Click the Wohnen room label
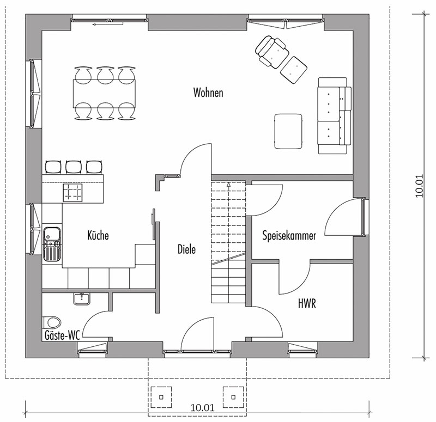tap(208, 93)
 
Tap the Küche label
tap(98, 235)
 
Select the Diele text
tap(186, 249)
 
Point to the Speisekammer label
tap(289, 236)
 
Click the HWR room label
tap(307, 303)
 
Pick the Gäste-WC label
tap(62, 335)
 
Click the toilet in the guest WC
tap(52, 322)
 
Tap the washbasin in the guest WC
tap(82, 299)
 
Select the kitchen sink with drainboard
tap(52, 244)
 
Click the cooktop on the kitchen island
tap(72, 192)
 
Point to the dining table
tap(104, 93)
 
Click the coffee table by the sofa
tap(288, 131)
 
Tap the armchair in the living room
tap(271, 52)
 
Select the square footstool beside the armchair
tap(294, 70)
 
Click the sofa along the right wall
tap(335, 115)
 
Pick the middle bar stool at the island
tap(74, 167)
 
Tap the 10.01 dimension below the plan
tap(202, 407)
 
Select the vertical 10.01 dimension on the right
tap(419, 186)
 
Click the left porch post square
tap(161, 397)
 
